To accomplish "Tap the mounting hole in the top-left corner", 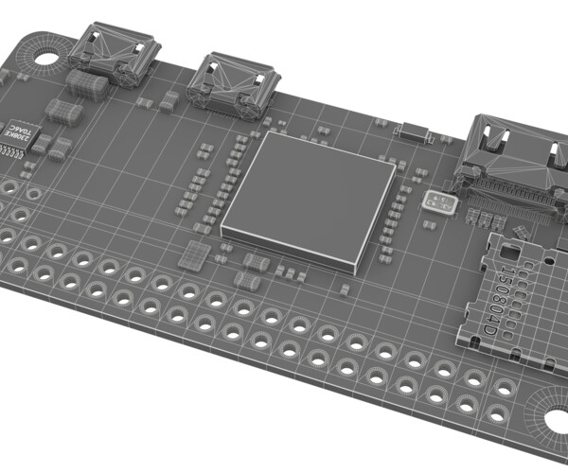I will (44, 54).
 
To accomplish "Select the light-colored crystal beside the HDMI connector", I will (438, 201).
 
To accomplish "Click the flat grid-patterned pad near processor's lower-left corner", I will (194, 254).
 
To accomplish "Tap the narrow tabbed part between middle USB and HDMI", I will (412, 131).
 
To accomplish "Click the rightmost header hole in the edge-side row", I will (506, 387).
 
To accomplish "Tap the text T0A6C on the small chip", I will (22, 125).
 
